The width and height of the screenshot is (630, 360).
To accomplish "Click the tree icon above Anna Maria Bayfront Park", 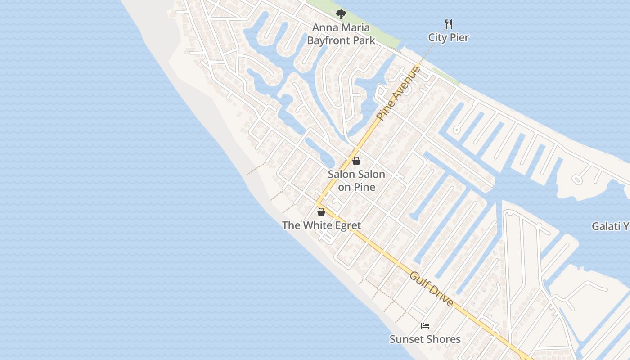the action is coord(341,14).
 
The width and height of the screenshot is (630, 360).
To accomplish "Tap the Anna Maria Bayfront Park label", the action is coord(341,34).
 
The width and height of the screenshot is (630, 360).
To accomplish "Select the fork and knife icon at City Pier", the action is coord(448,24).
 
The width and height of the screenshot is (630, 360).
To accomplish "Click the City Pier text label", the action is coord(448,37).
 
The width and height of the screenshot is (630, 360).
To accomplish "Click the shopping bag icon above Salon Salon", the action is coord(356,161).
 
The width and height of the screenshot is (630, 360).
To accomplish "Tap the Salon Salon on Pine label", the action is coord(356,180).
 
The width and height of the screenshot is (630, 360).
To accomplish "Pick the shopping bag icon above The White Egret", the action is coord(321,212).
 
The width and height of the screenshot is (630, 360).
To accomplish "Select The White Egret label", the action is coord(321,225).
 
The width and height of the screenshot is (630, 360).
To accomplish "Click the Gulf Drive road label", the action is coord(432,288).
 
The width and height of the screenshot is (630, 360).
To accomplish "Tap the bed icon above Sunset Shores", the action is coord(425,326).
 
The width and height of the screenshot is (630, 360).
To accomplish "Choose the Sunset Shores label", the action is coord(425,339).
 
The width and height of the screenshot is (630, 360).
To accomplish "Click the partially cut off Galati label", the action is coord(611,226).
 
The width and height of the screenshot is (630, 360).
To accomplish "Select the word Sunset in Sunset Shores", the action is coord(406,339).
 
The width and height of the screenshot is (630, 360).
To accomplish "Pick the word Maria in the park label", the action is coord(354,28).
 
